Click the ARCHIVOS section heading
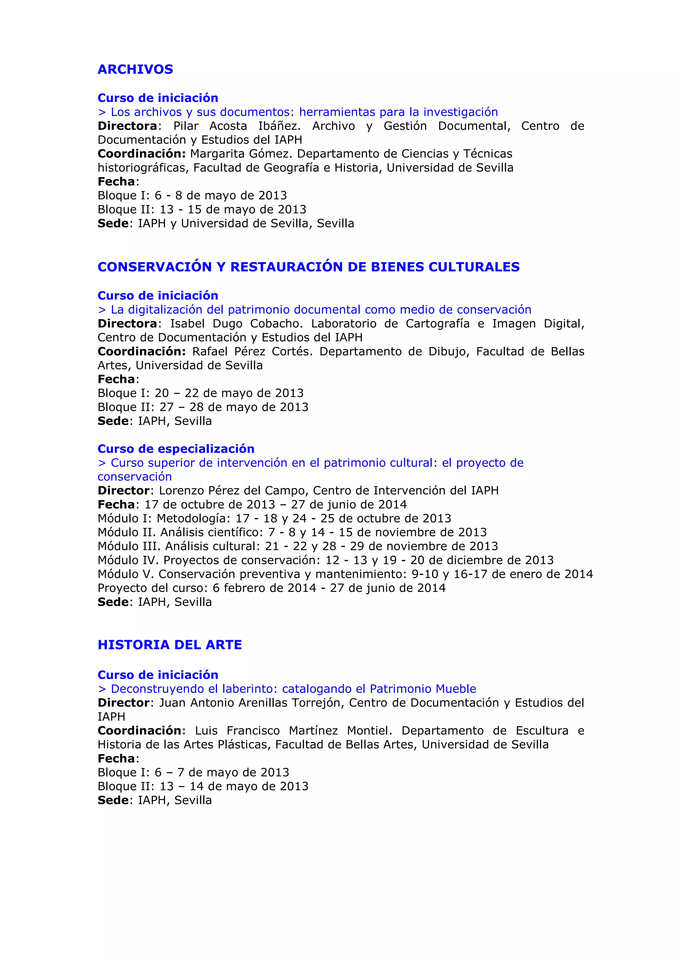pyautogui.click(x=135, y=69)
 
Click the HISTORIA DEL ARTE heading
pyautogui.click(x=170, y=644)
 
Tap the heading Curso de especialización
pyautogui.click(x=176, y=449)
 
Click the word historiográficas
pyautogui.click(x=143, y=168)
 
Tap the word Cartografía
pyautogui.click(x=438, y=324)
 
